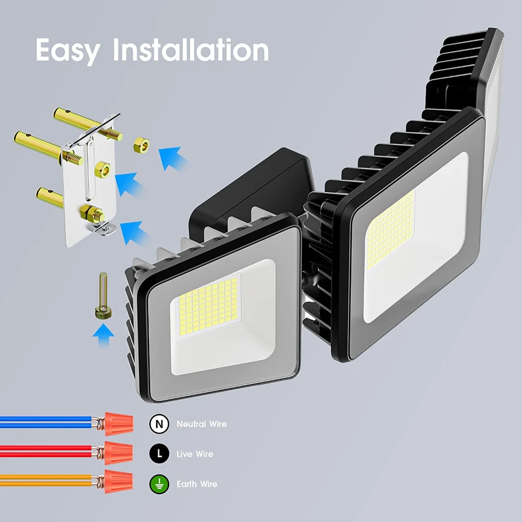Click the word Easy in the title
click(68, 50)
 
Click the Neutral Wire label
click(201, 424)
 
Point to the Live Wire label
click(195, 453)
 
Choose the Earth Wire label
click(197, 483)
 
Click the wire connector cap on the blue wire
click(117, 422)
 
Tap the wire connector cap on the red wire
click(117, 451)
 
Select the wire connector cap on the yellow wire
click(117, 481)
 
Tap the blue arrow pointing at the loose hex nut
click(173, 158)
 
